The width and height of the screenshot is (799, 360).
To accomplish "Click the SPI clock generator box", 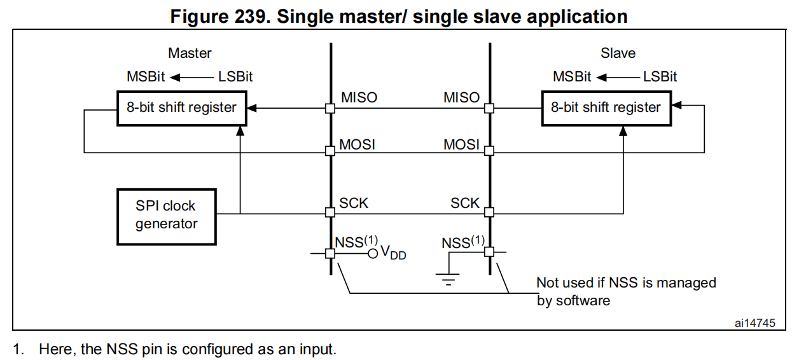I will [166, 216].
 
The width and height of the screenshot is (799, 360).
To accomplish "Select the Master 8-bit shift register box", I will [181, 107].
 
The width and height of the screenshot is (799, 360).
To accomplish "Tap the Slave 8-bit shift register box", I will [606, 107].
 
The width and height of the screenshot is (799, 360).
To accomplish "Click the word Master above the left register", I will [190, 53].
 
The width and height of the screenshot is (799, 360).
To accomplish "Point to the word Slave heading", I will [618, 53].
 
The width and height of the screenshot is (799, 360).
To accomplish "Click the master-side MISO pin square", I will [330, 108].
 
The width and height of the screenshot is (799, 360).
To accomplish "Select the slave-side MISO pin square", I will [489, 108].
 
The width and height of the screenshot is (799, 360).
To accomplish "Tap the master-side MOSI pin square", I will [330, 151].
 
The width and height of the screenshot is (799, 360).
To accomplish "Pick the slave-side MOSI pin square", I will [489, 151].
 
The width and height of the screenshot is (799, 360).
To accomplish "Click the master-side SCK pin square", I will [330, 213].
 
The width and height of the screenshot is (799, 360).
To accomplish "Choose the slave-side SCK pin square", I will [489, 213].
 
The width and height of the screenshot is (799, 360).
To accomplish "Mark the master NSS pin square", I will [330, 253].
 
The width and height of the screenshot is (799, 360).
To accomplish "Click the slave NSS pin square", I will [489, 253].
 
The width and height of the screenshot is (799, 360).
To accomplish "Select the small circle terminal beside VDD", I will [373, 253].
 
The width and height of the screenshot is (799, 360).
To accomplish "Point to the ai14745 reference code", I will [755, 323].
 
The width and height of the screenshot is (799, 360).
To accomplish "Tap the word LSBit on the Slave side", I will [660, 77].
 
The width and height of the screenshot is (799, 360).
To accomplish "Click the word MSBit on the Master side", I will [146, 77].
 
